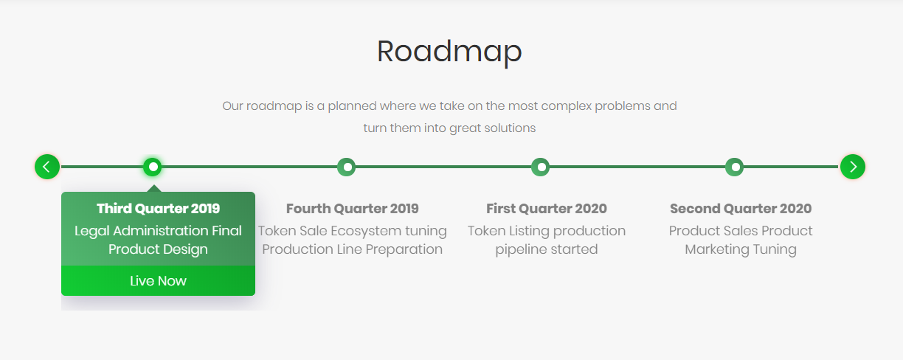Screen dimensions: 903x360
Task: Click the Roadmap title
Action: click(x=449, y=52)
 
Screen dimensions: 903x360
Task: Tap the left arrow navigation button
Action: click(x=47, y=167)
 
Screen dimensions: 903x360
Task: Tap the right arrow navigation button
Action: click(x=853, y=167)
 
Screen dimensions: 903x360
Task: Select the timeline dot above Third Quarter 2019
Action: click(x=153, y=167)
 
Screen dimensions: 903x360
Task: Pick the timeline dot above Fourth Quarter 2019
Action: click(x=346, y=167)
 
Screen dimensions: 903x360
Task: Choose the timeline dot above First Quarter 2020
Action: click(x=541, y=167)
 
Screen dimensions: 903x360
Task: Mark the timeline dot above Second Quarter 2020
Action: click(x=735, y=167)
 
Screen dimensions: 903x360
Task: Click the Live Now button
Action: click(x=158, y=280)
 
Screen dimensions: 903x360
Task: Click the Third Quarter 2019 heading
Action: click(x=158, y=209)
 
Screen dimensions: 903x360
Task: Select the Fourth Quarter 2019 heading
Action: click(x=353, y=209)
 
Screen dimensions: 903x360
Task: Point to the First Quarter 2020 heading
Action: click(x=547, y=209)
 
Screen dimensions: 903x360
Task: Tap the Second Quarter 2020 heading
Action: click(x=741, y=209)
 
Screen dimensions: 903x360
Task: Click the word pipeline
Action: click(x=521, y=249)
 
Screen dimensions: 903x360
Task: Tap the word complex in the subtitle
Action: click(x=566, y=106)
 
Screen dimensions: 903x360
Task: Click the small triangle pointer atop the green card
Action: click(x=154, y=189)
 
